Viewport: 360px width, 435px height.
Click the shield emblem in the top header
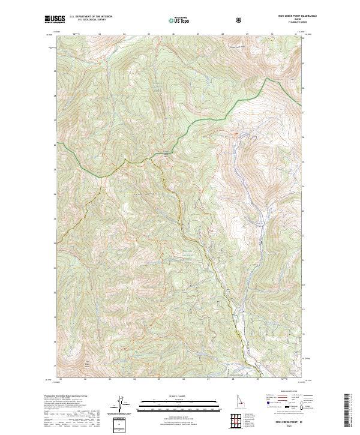240,20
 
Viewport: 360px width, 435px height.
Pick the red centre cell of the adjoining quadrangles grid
239,421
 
